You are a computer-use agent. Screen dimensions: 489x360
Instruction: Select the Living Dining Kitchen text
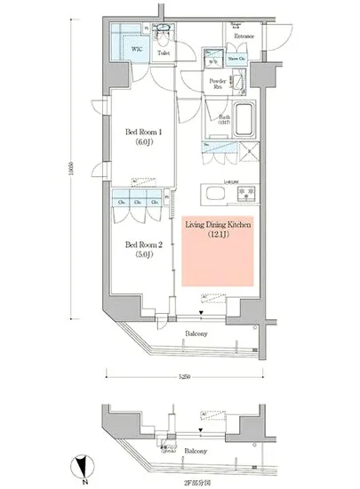218,228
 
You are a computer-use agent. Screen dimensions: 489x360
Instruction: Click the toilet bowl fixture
162,35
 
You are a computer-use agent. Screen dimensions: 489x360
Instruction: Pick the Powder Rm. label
218,84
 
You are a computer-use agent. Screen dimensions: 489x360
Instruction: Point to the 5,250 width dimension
183,377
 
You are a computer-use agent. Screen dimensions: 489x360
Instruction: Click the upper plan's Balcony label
197,333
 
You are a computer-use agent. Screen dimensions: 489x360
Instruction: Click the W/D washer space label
212,62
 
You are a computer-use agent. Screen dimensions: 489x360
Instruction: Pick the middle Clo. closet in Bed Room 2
138,202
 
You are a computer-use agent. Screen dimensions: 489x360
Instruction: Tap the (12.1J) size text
218,236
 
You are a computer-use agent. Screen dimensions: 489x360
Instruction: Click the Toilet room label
163,53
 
